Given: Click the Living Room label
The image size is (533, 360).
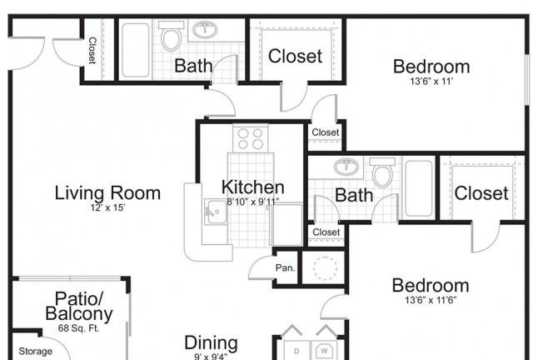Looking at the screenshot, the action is click(x=107, y=193).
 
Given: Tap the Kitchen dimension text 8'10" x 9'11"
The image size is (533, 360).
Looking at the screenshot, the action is click(x=253, y=202).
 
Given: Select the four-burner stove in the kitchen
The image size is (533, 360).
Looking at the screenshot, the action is click(x=250, y=138).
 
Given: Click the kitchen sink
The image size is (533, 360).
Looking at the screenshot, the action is click(x=216, y=212).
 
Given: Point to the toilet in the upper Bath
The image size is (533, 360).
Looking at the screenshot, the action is click(x=171, y=36).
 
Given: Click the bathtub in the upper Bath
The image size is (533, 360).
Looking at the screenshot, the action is click(x=136, y=50).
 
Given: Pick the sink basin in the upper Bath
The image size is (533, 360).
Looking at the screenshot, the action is click(x=205, y=30).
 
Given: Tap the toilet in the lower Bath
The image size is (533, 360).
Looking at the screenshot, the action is click(x=382, y=172).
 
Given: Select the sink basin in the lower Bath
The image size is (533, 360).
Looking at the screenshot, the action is click(x=346, y=167).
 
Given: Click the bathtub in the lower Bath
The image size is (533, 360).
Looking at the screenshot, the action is click(x=419, y=188).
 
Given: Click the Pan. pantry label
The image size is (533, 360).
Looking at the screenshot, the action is click(x=285, y=268).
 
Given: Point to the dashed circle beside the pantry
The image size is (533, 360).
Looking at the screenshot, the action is click(x=326, y=267).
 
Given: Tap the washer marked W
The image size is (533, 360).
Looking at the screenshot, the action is click(x=324, y=351).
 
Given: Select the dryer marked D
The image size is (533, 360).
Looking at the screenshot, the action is click(x=296, y=351).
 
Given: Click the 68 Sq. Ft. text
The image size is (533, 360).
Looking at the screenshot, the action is click(x=78, y=328).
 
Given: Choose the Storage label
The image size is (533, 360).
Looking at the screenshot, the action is click(x=35, y=352).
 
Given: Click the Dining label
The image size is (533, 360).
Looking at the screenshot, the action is click(x=211, y=342).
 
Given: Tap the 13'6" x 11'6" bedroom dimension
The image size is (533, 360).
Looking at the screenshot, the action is click(x=431, y=301).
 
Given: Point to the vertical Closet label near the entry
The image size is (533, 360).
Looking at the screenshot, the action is click(x=92, y=50).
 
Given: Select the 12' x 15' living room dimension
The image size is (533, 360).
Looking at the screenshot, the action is click(x=107, y=207).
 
